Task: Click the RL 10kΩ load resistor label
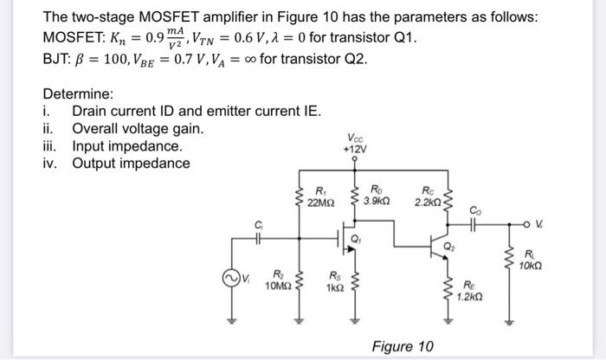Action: coord(530,258)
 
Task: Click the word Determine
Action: coord(78,93)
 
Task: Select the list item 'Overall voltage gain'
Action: coord(138,128)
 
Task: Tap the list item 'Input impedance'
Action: coord(127,145)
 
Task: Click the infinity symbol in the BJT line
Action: coord(237,60)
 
